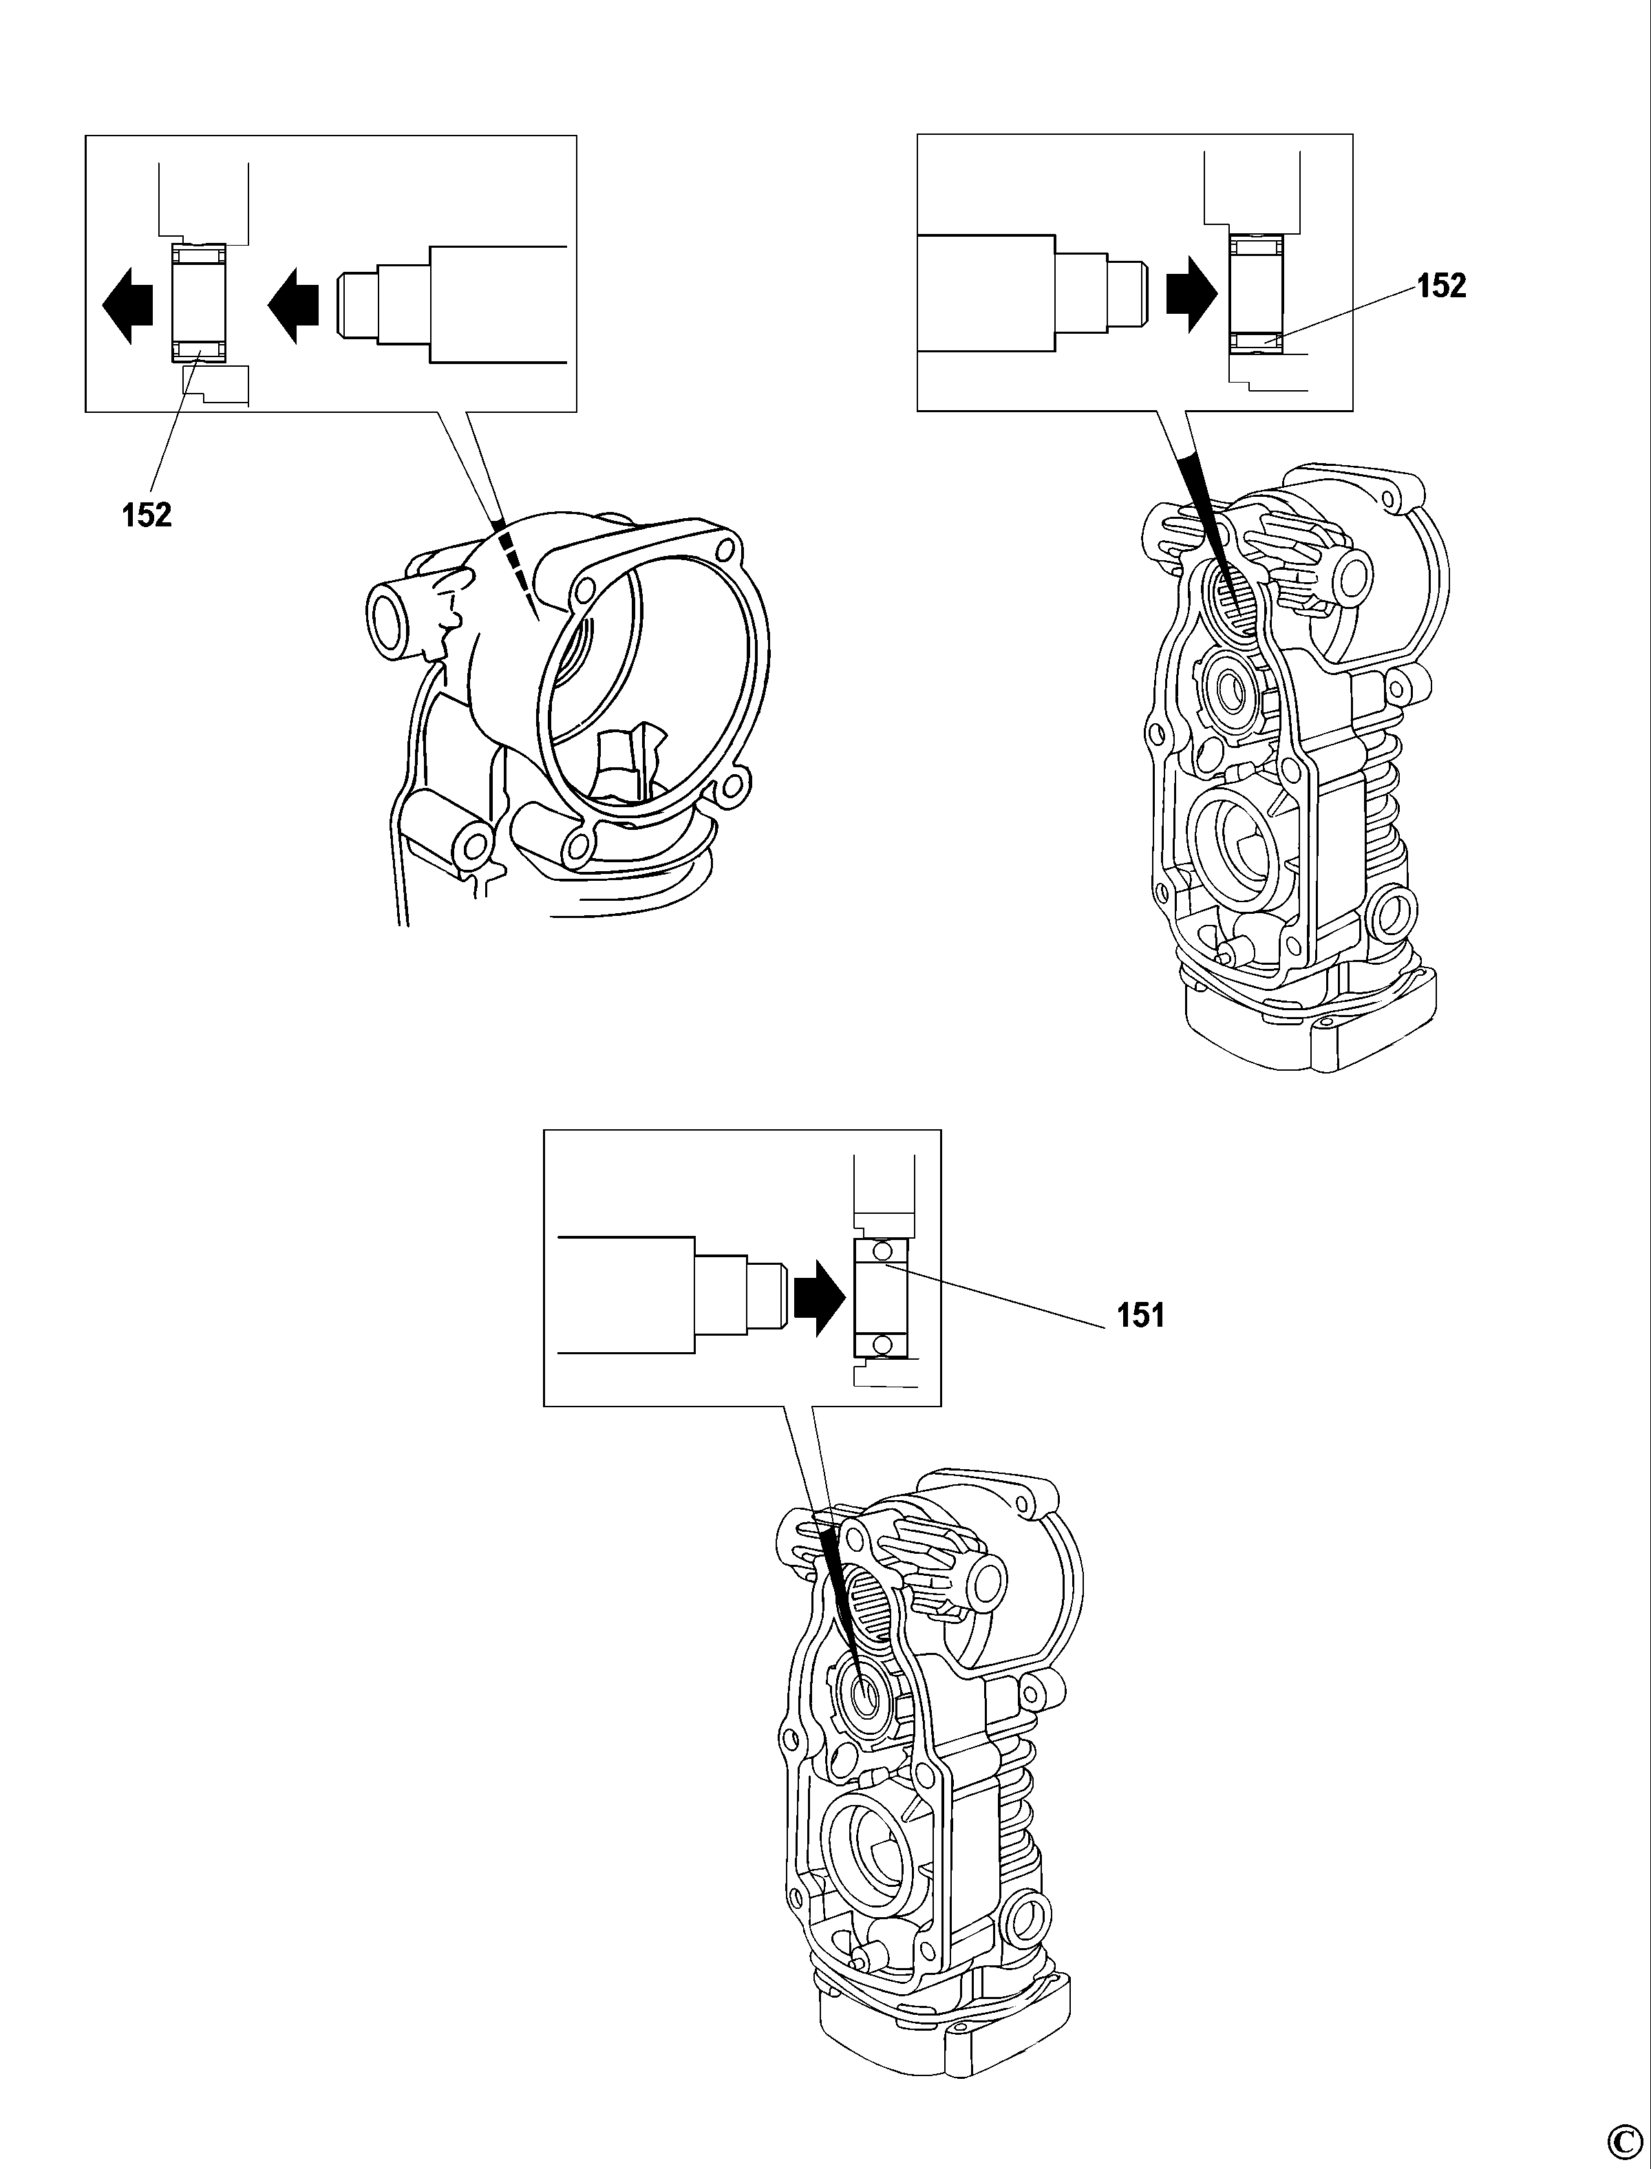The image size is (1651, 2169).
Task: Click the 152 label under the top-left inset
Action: click(147, 515)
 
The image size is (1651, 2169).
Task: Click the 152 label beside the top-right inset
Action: click(1440, 286)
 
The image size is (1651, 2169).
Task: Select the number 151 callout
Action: click(1140, 1316)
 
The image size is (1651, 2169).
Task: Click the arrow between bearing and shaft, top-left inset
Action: click(294, 308)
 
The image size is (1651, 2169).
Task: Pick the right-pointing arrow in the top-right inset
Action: click(1191, 295)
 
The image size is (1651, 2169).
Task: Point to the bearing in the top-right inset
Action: click(1257, 293)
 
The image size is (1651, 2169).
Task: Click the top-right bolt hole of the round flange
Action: click(727, 544)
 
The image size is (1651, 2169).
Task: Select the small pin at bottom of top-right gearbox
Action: click(1228, 950)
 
